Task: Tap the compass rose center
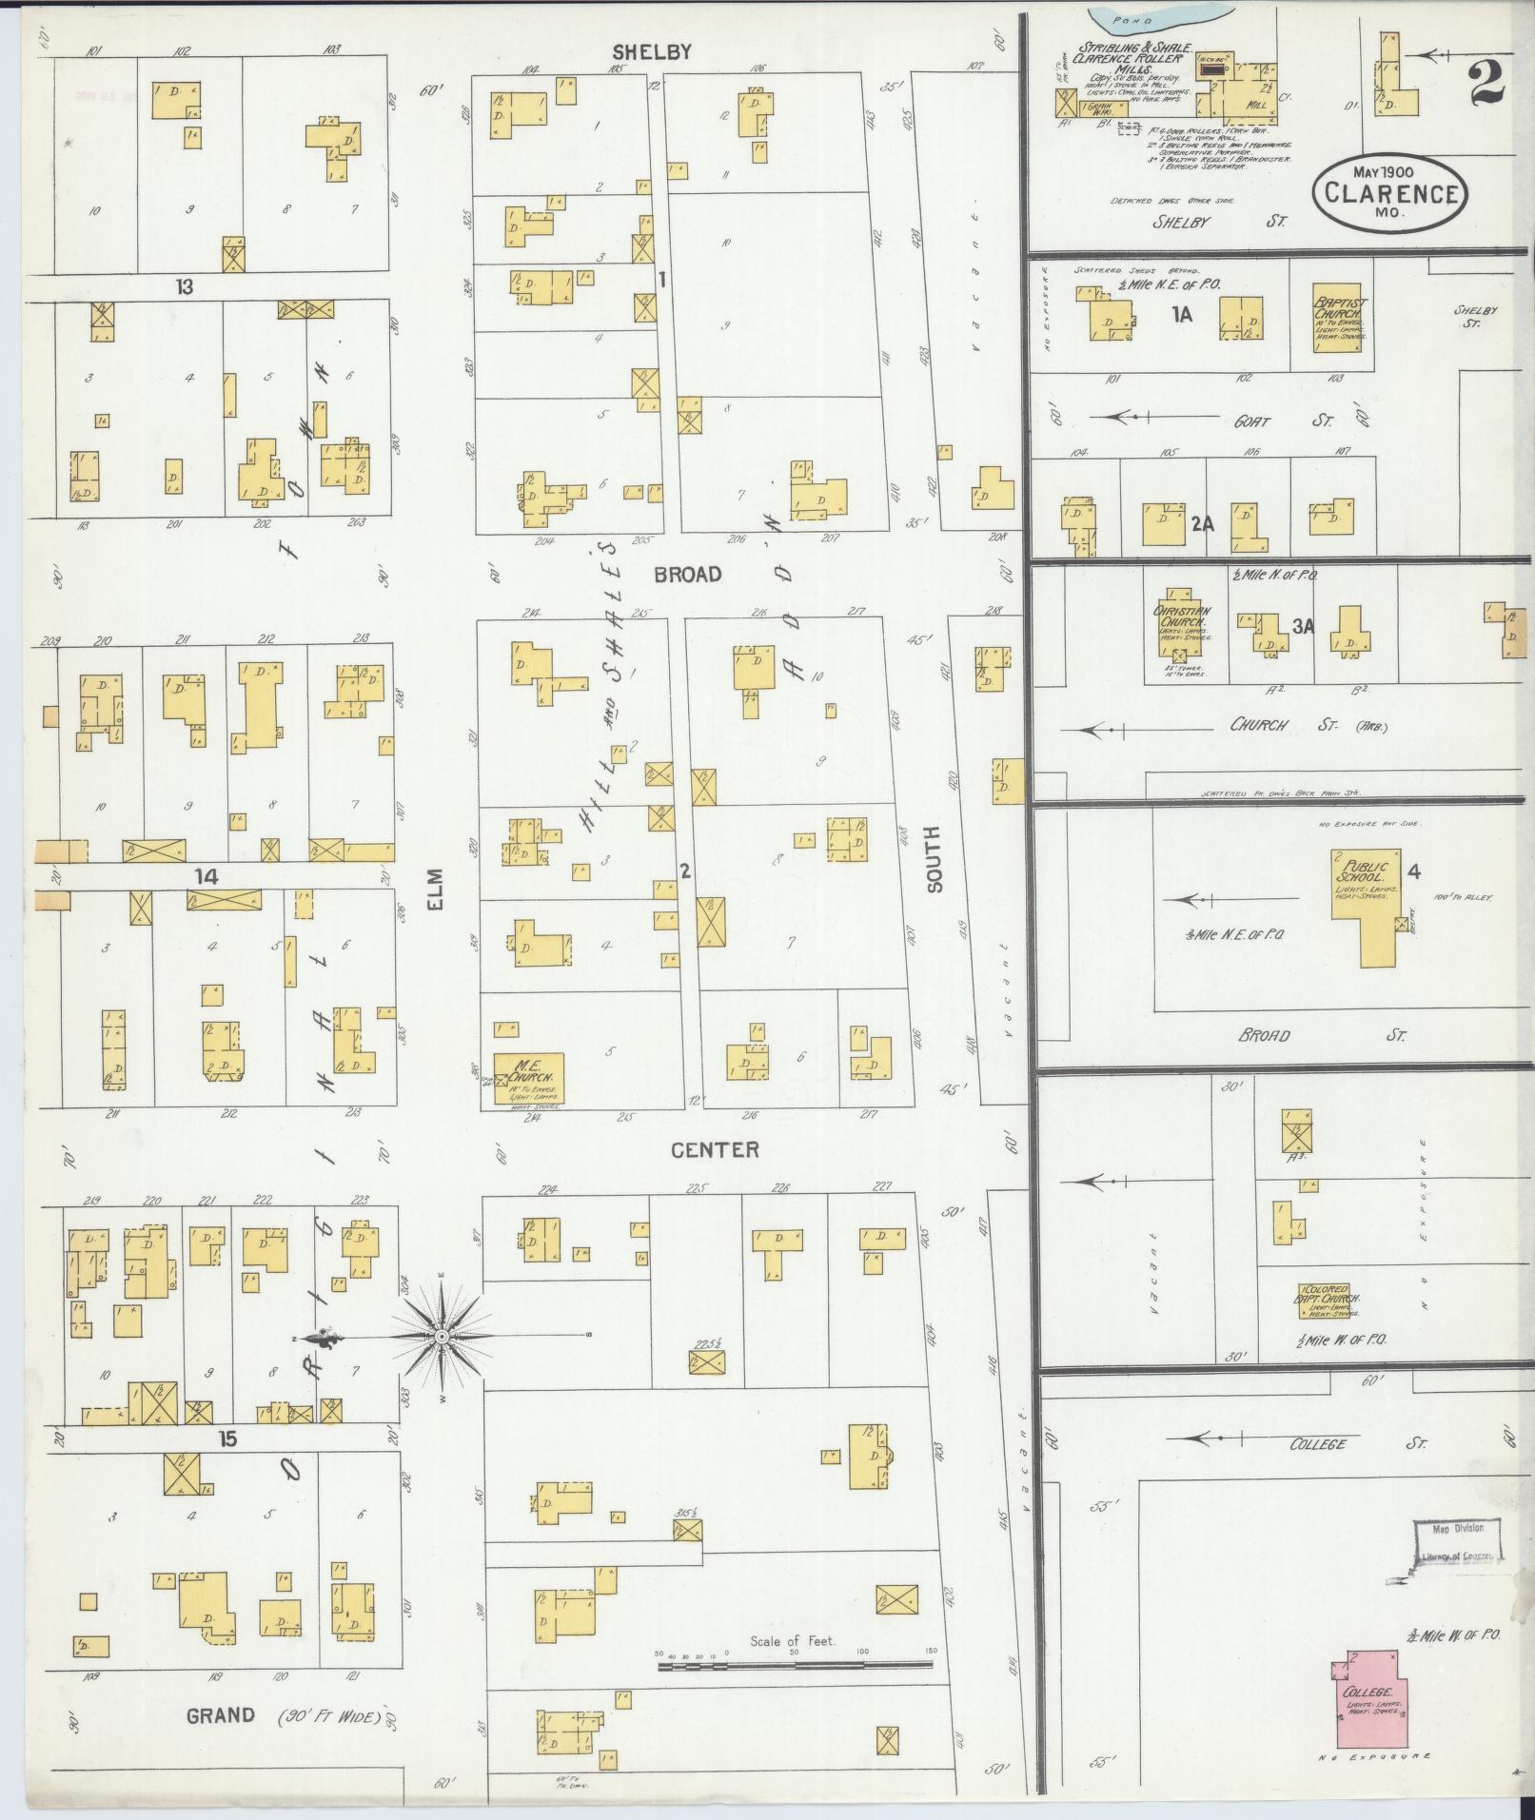[x=442, y=1337]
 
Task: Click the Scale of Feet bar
[x=795, y=1665]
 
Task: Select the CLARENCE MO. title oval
[x=1389, y=193]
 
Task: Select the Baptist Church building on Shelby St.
[x=1340, y=316]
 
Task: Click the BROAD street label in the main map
[x=688, y=575]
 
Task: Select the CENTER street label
[x=716, y=1150]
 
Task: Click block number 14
[x=207, y=876]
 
